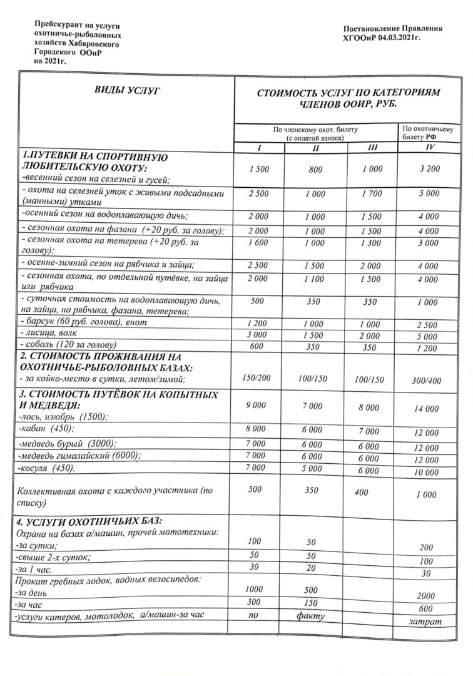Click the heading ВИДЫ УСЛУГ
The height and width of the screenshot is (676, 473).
(x=125, y=92)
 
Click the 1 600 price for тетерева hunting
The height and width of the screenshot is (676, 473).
(x=258, y=243)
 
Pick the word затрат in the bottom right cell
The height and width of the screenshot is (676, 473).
(x=428, y=622)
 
